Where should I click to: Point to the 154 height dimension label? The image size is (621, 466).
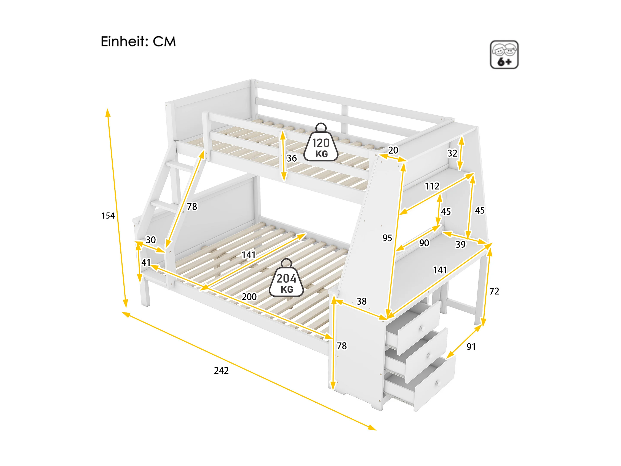click(x=108, y=215)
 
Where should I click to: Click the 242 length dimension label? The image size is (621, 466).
click(x=221, y=370)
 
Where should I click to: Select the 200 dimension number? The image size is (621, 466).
click(x=249, y=297)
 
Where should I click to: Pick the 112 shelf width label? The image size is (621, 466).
click(x=432, y=186)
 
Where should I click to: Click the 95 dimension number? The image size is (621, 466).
click(x=387, y=238)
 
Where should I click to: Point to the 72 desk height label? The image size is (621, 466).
click(x=494, y=291)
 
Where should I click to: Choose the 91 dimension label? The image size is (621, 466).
click(x=471, y=347)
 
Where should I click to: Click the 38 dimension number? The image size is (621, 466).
click(x=362, y=301)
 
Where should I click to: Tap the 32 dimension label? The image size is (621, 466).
click(x=452, y=153)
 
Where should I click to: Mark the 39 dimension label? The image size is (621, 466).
click(x=461, y=244)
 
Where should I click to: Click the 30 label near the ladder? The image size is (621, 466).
click(x=151, y=240)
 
